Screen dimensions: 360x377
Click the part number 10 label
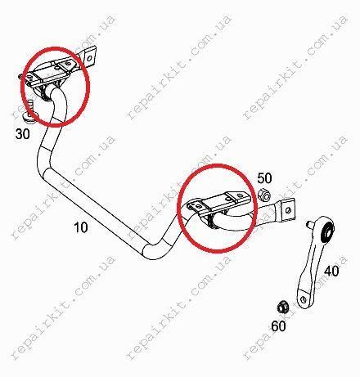coord(81,227)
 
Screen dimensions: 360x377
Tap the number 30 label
coord(23,134)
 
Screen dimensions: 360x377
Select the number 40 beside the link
coord(331,271)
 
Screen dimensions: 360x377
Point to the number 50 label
coord(264,178)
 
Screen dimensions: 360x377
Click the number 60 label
coord(278,326)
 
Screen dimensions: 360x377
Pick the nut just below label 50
coord(264,195)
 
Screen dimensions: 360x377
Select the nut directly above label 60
coord(281,307)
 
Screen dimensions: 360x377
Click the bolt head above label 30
coord(28,116)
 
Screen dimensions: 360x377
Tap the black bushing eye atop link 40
coord(327,232)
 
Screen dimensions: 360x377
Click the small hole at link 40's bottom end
coord(304,297)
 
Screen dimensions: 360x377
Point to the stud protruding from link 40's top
coord(310,224)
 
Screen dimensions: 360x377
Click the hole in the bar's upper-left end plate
coord(88,58)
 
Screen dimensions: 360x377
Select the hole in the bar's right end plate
coord(288,210)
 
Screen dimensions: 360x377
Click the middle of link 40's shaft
coord(311,267)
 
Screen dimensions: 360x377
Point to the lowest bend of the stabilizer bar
coord(154,252)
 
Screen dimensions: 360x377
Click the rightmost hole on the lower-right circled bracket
coord(240,195)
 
